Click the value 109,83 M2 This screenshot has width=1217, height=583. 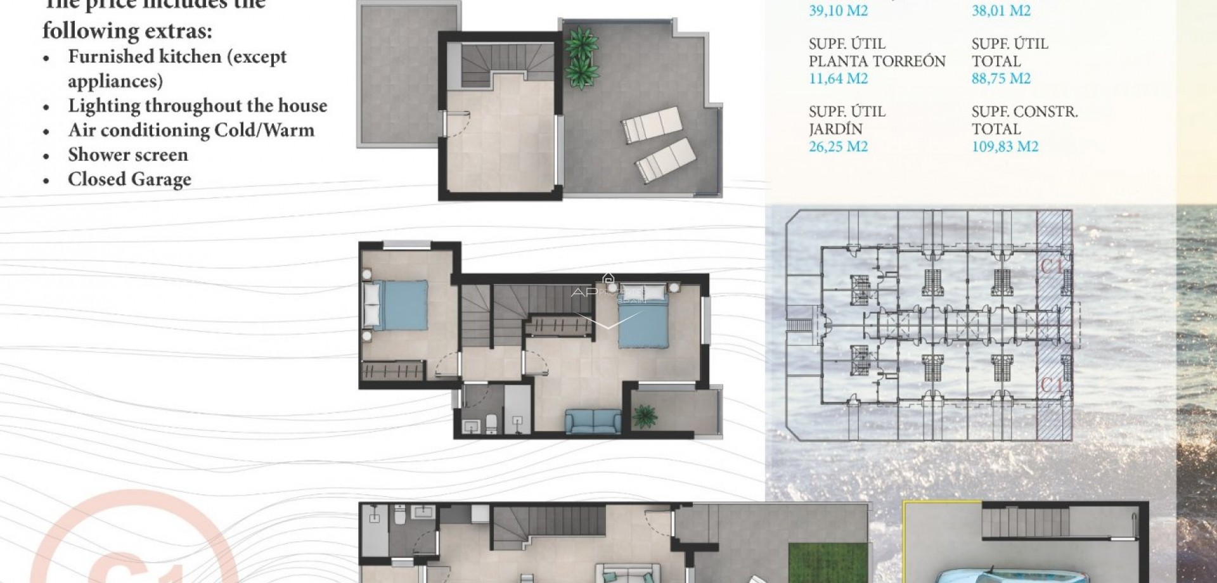pos(1005,147)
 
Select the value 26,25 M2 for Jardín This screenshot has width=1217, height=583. pos(838,147)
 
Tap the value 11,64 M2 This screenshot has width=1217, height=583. pos(838,79)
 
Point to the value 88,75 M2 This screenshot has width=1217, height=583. pos(1001,79)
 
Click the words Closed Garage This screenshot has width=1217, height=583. pos(129,179)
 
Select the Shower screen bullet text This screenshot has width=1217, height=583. pos(128,155)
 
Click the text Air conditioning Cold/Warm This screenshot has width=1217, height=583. pos(191,131)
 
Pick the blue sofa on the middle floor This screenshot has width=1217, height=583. pos(593,421)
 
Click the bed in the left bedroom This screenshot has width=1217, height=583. pos(396,305)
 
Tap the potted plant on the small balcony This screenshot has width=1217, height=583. pos(645,416)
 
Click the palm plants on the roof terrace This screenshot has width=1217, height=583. pos(581,57)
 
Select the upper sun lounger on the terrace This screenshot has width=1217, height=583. pos(652,125)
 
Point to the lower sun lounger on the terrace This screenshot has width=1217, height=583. pos(666,160)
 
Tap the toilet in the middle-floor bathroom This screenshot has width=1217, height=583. pos(491,423)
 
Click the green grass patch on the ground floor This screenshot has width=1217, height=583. pos(817,564)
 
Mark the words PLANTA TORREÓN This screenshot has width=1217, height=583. pos(877,61)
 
